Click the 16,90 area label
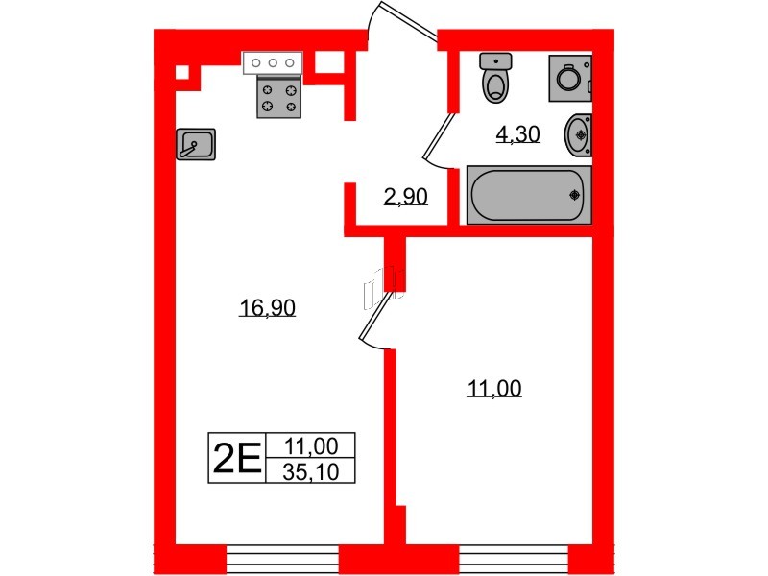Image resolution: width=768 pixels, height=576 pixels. tap(267, 308)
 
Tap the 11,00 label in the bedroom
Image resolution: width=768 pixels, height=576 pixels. tap(494, 389)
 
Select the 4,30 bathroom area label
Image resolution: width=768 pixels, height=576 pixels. tap(517, 133)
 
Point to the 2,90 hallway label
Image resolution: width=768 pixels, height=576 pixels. tap(405, 197)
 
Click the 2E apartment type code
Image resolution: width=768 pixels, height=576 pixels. tap(237, 458)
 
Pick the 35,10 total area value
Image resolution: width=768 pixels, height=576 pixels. tap(311, 472)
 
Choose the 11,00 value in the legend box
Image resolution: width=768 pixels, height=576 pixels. tap(311, 446)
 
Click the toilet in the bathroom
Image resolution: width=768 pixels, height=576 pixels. tap(495, 78)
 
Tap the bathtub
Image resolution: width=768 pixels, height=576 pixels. tap(529, 195)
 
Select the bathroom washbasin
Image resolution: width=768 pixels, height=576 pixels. tap(579, 134)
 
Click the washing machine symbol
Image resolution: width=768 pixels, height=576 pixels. tap(570, 79)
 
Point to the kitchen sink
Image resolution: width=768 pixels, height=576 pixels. tap(196, 144)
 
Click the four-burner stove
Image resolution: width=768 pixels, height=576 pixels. tap(279, 97)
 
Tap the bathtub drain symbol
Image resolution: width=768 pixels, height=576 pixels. tap(574, 195)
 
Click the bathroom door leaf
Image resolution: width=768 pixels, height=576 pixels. tap(438, 137)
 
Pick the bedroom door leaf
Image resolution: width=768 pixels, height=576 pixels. tap(376, 317)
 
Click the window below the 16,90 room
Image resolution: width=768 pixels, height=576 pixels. tap(282, 559)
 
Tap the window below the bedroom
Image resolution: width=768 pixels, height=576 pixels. tap(514, 559)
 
